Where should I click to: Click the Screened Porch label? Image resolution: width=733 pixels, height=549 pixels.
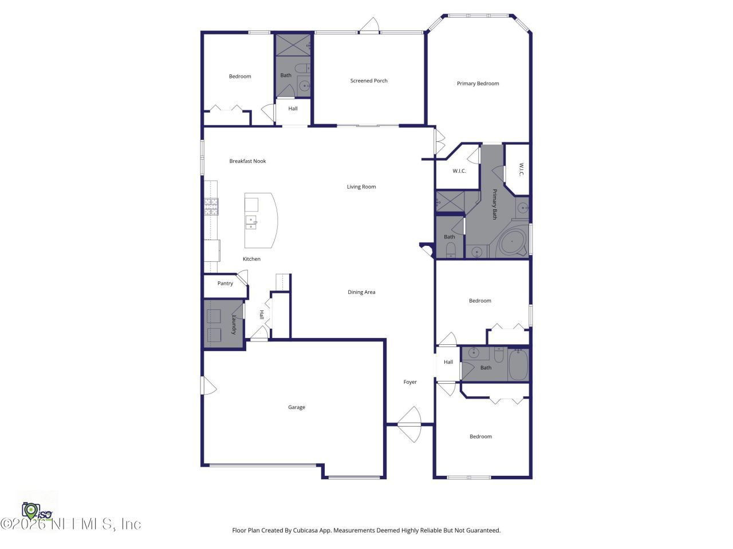(x=369, y=81)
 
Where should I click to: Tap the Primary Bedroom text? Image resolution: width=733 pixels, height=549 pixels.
(x=478, y=83)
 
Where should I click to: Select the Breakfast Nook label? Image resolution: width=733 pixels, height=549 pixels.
(x=247, y=161)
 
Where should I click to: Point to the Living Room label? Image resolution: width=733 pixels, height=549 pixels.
(x=361, y=186)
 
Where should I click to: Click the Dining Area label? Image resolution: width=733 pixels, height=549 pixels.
(x=361, y=292)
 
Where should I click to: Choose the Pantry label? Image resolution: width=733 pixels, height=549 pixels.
(x=225, y=284)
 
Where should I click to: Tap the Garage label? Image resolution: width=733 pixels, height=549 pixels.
(x=297, y=407)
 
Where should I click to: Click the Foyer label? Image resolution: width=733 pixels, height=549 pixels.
(x=410, y=382)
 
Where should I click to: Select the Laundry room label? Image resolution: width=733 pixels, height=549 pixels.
(x=234, y=324)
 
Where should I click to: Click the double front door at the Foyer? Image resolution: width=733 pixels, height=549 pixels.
(x=410, y=424)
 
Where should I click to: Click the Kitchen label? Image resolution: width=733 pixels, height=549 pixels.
(x=251, y=259)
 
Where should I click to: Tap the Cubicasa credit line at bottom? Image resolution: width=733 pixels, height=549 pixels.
(x=366, y=530)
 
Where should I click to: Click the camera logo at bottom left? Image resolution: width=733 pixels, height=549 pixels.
(x=31, y=510)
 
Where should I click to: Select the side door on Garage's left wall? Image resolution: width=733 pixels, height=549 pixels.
(x=208, y=385)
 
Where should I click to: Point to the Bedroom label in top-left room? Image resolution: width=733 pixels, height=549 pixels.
(x=240, y=76)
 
